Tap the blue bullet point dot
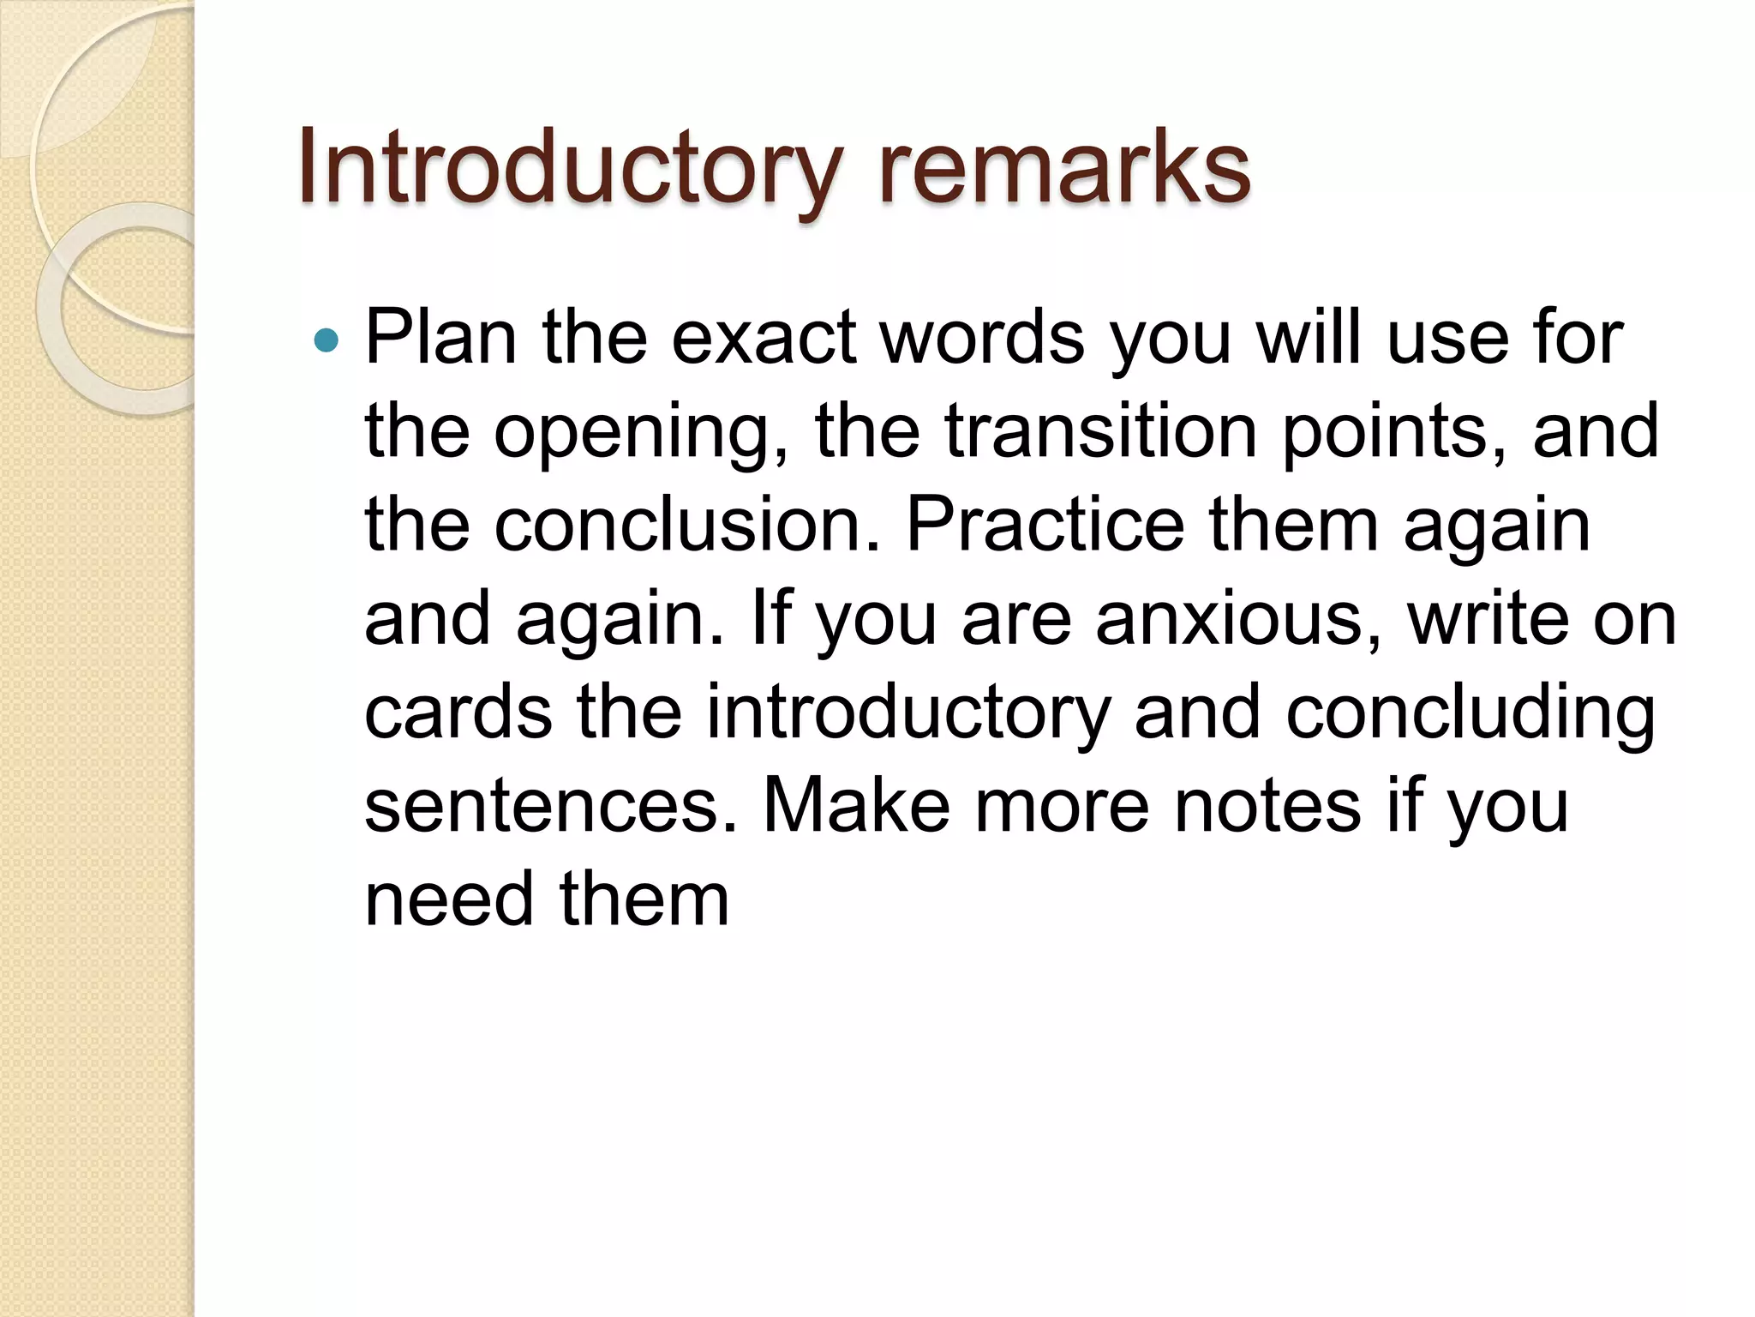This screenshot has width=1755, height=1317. (x=326, y=341)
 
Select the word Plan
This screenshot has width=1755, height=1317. (x=441, y=338)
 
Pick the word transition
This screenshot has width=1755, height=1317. (x=1100, y=430)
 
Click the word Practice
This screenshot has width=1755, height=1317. (x=1045, y=525)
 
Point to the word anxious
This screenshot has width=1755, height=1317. (x=1238, y=619)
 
